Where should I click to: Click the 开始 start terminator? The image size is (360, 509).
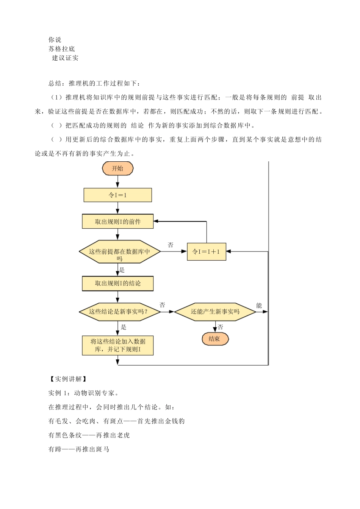(x=117, y=169)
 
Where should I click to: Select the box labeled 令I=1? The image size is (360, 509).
(x=117, y=195)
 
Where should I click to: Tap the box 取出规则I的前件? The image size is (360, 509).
(x=117, y=221)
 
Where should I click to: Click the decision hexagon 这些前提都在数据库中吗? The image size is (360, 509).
(x=120, y=252)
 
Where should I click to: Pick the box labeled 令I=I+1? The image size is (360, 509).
(x=207, y=251)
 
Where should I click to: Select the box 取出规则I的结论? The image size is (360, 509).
(x=117, y=283)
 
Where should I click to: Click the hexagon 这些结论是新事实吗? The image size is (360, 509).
(x=120, y=312)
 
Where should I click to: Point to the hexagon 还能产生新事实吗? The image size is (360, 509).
(x=215, y=312)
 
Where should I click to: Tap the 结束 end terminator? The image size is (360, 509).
(x=215, y=339)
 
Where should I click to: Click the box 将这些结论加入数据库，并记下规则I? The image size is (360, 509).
(x=117, y=345)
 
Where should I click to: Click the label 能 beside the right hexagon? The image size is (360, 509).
(x=259, y=306)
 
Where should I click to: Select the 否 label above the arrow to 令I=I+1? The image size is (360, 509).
(x=171, y=245)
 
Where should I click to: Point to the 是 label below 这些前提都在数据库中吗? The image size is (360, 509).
(x=122, y=270)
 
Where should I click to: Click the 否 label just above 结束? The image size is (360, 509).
(x=220, y=327)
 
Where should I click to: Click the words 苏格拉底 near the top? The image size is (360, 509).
(x=62, y=49)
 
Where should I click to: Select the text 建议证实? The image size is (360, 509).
(x=65, y=58)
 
